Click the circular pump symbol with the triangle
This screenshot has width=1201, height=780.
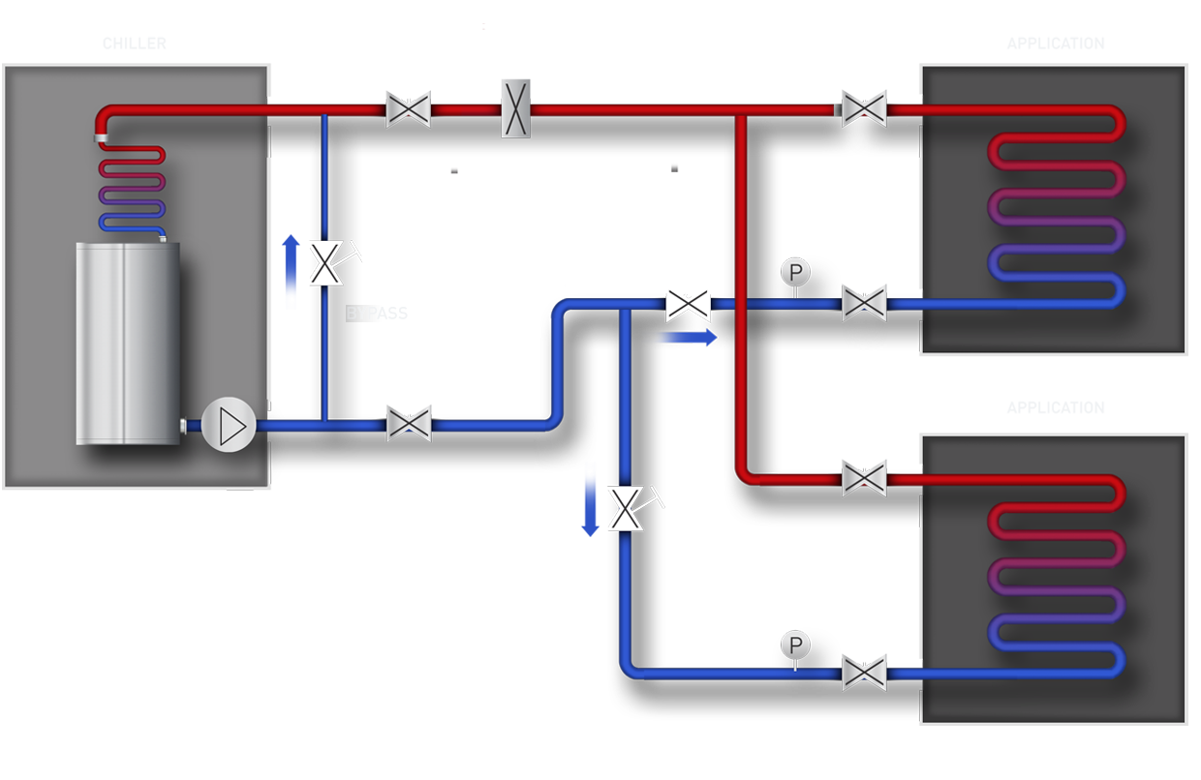(x=229, y=426)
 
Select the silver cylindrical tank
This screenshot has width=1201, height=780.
(x=128, y=344)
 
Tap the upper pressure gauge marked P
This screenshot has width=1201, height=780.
(x=794, y=273)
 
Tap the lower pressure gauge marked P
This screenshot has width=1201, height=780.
(x=794, y=645)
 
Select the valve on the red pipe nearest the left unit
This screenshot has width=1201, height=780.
(x=409, y=109)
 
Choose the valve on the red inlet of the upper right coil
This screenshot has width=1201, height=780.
(x=862, y=108)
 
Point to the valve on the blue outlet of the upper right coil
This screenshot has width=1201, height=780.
(x=862, y=302)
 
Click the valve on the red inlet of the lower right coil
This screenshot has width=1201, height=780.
(x=862, y=478)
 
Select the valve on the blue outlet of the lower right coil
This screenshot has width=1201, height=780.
(x=862, y=672)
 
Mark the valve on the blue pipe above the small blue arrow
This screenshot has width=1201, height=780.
(x=688, y=304)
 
